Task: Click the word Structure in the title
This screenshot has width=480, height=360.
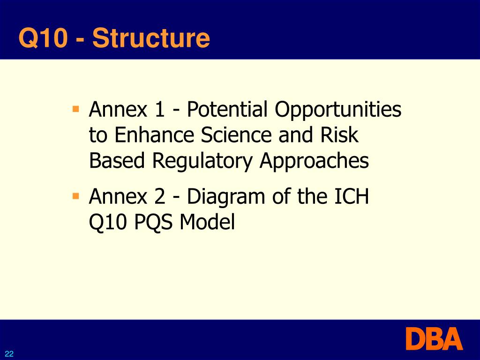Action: tap(151, 38)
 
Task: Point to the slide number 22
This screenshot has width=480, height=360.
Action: tap(9, 354)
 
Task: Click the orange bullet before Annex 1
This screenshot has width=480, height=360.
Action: tap(75, 110)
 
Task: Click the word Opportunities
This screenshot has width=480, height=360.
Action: tap(338, 111)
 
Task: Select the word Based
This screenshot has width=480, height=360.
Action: tap(117, 162)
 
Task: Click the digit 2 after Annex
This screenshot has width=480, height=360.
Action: tap(159, 197)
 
